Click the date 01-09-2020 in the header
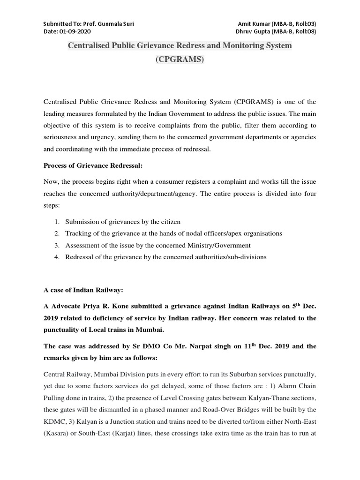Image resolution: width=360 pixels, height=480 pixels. point(75,31)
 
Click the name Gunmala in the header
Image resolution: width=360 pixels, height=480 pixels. point(108,24)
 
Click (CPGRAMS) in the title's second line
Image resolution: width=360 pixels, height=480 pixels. point(180,61)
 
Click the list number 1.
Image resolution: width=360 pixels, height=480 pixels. point(56,221)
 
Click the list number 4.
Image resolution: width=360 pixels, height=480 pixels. point(56,257)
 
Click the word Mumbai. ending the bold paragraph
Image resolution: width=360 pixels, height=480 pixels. point(150,330)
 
